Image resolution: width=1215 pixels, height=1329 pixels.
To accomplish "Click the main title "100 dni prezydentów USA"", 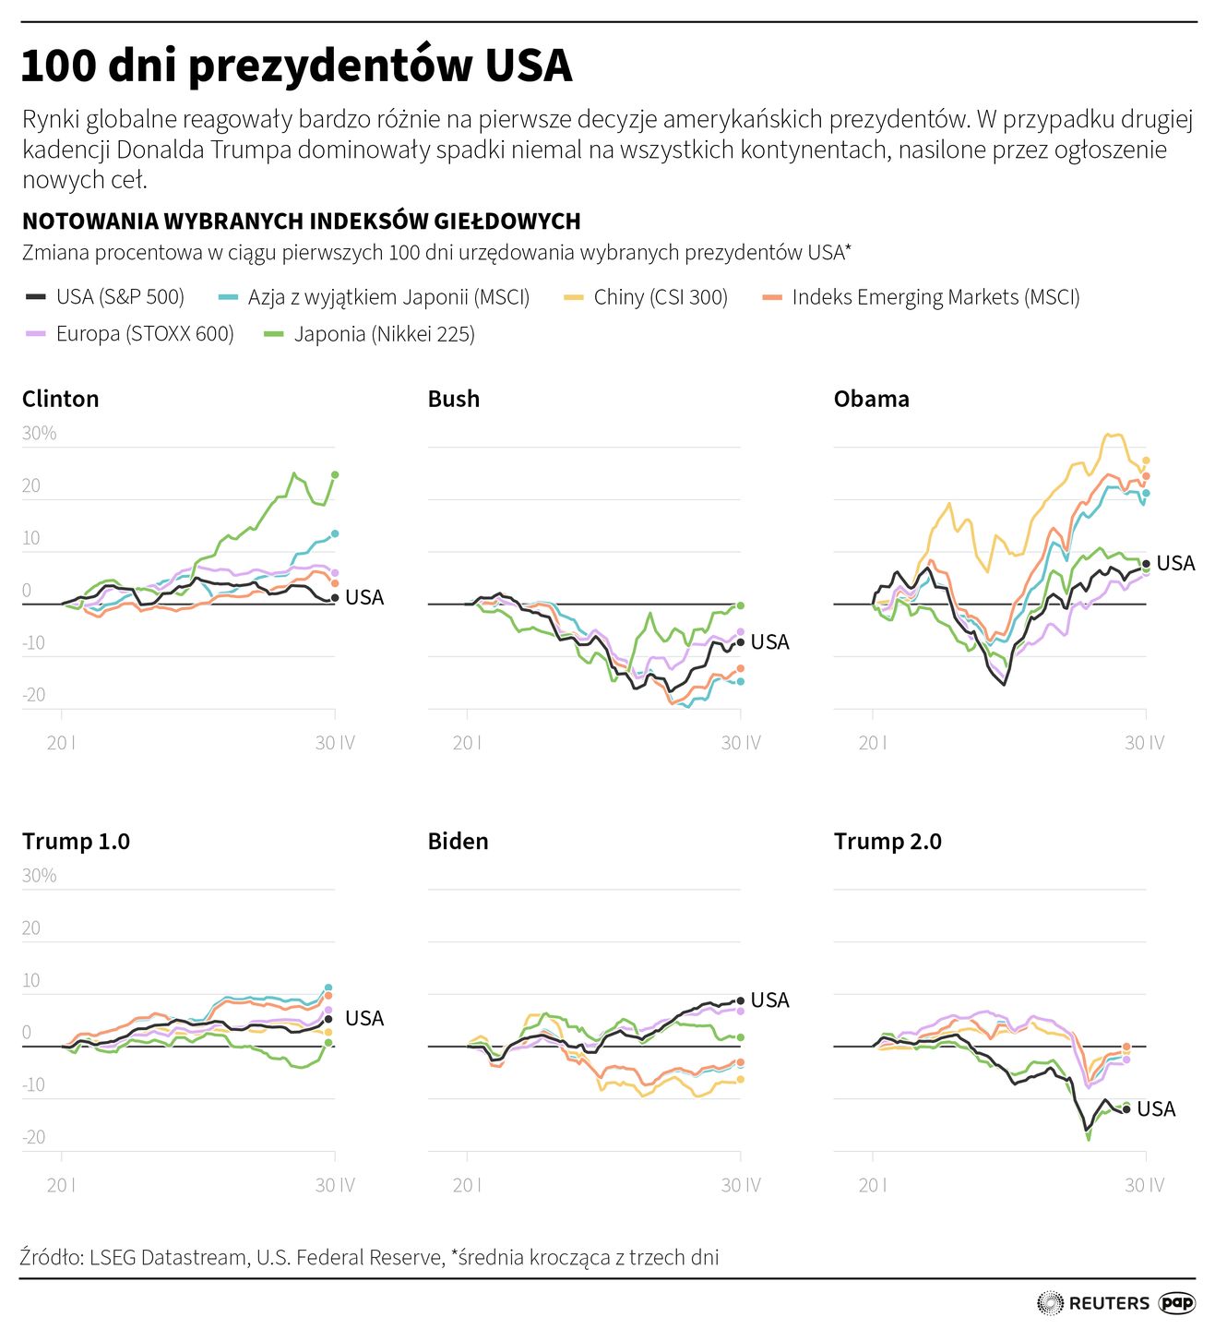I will [x=296, y=66].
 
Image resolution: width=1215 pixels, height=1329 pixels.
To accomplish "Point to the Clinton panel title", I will [x=60, y=399].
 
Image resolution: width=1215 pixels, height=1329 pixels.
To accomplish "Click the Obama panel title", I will [x=871, y=399].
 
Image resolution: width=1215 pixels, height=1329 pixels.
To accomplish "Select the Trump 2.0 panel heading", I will [x=887, y=841].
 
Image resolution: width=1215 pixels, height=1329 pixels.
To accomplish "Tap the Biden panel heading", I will [x=458, y=841].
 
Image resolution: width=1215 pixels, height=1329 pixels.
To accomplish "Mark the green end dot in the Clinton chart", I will [x=335, y=474].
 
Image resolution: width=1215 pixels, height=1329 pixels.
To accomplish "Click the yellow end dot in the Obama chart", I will [x=1146, y=461].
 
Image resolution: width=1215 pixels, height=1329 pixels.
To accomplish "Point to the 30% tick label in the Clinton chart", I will [x=40, y=433].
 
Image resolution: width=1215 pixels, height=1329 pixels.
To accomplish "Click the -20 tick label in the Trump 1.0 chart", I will [x=34, y=1137].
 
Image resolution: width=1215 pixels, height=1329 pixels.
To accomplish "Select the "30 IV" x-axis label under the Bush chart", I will [x=740, y=743].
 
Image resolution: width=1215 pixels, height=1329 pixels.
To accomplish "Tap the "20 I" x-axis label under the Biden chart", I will [x=467, y=1185].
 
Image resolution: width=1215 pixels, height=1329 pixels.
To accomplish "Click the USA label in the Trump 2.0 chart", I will [x=1156, y=1109].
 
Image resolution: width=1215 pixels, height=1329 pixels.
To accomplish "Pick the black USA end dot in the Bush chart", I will [x=740, y=642].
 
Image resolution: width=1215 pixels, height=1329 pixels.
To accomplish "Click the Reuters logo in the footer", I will [x=1094, y=1303].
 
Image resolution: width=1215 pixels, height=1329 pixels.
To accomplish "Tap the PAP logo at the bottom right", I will [x=1177, y=1303].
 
